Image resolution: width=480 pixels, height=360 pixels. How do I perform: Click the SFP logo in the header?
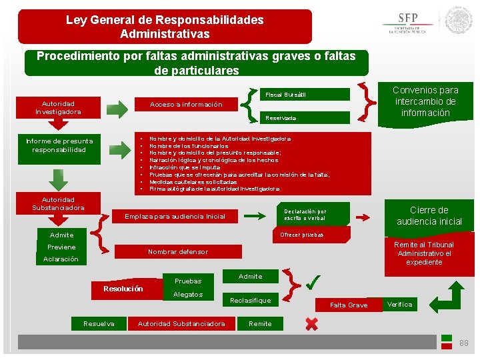[407, 23]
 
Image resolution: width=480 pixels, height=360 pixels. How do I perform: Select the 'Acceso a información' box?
[186, 105]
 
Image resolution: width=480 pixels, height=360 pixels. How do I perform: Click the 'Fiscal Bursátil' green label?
[303, 94]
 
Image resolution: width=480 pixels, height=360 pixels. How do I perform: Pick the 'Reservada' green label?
[303, 118]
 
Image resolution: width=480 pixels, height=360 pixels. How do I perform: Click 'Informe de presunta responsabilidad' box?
[59, 145]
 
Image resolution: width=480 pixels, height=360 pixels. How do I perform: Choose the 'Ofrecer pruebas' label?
[301, 235]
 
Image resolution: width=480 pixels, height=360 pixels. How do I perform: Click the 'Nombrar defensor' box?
[178, 252]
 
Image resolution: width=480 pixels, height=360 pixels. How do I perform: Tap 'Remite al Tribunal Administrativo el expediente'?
[424, 253]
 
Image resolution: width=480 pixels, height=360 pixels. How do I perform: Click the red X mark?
[311, 324]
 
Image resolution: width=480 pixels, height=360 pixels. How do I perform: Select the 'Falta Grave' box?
[349, 305]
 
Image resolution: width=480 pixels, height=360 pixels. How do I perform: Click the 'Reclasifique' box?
[250, 301]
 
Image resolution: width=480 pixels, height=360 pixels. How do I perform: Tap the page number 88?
[464, 343]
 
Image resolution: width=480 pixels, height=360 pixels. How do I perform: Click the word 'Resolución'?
[123, 289]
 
